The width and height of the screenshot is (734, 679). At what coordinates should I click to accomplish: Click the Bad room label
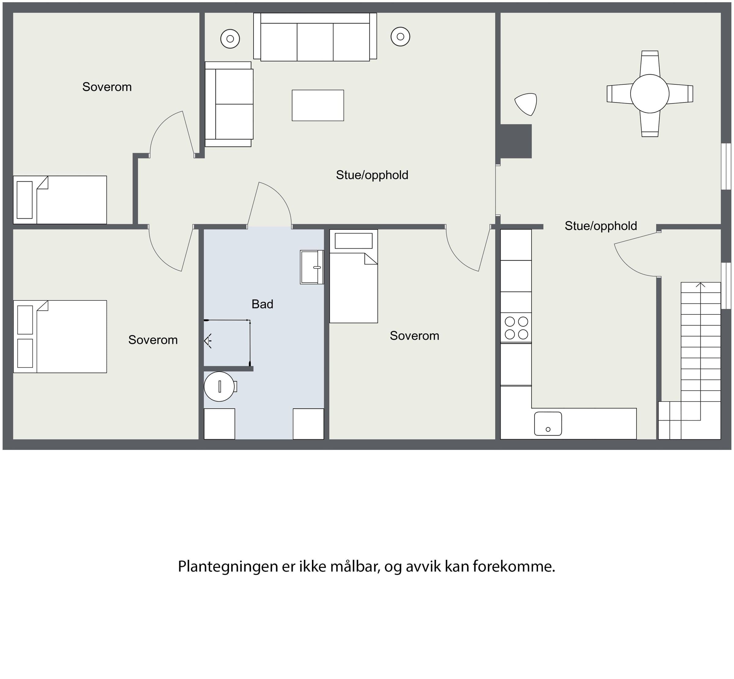point(262,304)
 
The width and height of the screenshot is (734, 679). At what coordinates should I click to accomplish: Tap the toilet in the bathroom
point(220,387)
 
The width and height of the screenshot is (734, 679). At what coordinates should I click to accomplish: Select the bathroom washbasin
point(312,267)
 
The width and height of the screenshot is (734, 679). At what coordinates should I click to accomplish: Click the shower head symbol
point(208,341)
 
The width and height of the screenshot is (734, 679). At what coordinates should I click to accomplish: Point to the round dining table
point(650,94)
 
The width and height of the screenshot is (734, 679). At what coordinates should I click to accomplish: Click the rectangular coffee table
point(318,106)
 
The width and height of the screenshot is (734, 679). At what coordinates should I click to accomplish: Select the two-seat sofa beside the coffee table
point(229,104)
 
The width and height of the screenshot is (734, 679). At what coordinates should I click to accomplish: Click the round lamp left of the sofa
point(230,38)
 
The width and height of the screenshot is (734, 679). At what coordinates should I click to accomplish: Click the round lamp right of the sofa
point(400,37)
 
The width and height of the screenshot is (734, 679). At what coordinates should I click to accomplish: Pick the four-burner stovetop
point(516,328)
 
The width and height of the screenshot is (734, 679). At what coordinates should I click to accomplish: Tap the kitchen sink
point(548,424)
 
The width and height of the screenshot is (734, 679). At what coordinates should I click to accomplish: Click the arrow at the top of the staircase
point(701,285)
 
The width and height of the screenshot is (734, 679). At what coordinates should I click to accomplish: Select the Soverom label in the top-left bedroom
point(107,87)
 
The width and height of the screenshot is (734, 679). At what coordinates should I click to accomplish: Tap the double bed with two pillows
point(60,336)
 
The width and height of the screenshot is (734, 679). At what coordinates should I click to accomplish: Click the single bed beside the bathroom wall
point(354,276)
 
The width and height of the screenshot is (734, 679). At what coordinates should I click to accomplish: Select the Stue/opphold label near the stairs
point(601,226)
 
